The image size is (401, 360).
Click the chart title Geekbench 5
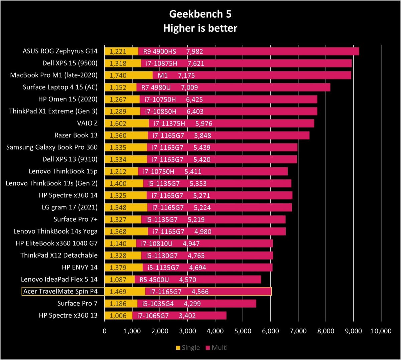pyautogui.click(x=200, y=14)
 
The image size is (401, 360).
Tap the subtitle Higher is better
pyautogui.click(x=200, y=28)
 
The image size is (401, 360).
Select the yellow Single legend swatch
pyautogui.click(x=178, y=348)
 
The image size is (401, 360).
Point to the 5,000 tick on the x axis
pyautogui.click(x=243, y=331)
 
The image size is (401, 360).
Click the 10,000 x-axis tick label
pyautogui.click(x=381, y=331)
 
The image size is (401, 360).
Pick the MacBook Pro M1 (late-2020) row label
pyautogui.click(x=54, y=75)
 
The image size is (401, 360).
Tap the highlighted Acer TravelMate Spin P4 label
pyautogui.click(x=60, y=291)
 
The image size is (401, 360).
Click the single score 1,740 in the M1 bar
pyautogui.click(x=118, y=75)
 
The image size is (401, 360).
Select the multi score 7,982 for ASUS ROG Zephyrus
pyautogui.click(x=194, y=51)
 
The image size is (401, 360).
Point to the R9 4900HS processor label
pyautogui.click(x=159, y=51)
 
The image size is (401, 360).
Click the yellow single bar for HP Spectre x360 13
pyautogui.click(x=119, y=316)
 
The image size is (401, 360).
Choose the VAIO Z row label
pyautogui.click(x=87, y=123)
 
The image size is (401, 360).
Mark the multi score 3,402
pyautogui.click(x=187, y=316)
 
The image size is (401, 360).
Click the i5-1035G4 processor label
pyautogui.click(x=158, y=304)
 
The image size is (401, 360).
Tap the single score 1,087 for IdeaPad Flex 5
pyautogui.click(x=118, y=280)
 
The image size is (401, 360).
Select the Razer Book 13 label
pyautogui.click(x=76, y=135)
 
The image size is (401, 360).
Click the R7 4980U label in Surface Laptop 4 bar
pyautogui.click(x=156, y=87)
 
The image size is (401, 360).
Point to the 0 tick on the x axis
pyautogui.click(x=105, y=331)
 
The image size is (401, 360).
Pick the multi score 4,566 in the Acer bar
pyautogui.click(x=200, y=292)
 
